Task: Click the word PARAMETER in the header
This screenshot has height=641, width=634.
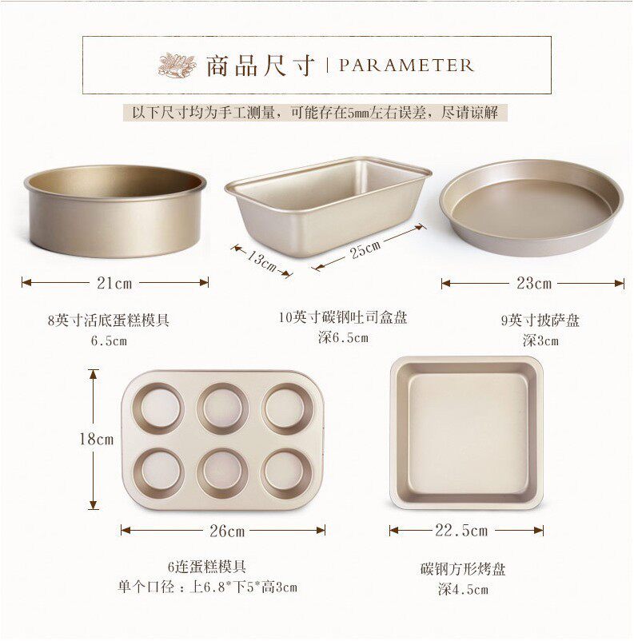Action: (x=406, y=66)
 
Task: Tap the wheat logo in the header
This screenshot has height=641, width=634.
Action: (x=177, y=65)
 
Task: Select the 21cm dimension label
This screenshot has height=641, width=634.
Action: (x=114, y=283)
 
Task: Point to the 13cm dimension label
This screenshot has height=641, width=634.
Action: (x=261, y=260)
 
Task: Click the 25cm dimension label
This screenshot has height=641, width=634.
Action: (x=365, y=249)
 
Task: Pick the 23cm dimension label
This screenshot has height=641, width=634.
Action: (x=534, y=283)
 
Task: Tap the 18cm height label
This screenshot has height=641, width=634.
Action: (x=96, y=440)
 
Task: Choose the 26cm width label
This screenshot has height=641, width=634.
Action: (x=227, y=531)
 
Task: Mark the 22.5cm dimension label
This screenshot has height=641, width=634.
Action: (x=461, y=531)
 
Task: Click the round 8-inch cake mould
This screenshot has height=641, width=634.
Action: (x=115, y=211)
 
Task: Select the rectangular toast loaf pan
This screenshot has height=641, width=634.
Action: (x=327, y=205)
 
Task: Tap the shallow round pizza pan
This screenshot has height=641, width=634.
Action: (x=532, y=208)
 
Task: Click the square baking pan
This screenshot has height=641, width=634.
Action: (x=467, y=433)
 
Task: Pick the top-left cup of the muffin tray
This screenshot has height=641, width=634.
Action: (x=158, y=408)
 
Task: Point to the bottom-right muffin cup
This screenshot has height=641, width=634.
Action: (x=286, y=473)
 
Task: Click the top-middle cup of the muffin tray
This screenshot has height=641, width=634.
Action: (x=222, y=408)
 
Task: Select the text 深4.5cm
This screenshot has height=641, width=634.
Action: (x=463, y=589)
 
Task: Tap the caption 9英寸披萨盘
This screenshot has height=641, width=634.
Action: (x=540, y=320)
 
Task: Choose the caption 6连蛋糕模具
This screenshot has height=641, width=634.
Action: (x=207, y=567)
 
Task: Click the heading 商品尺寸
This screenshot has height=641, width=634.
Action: (x=260, y=66)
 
